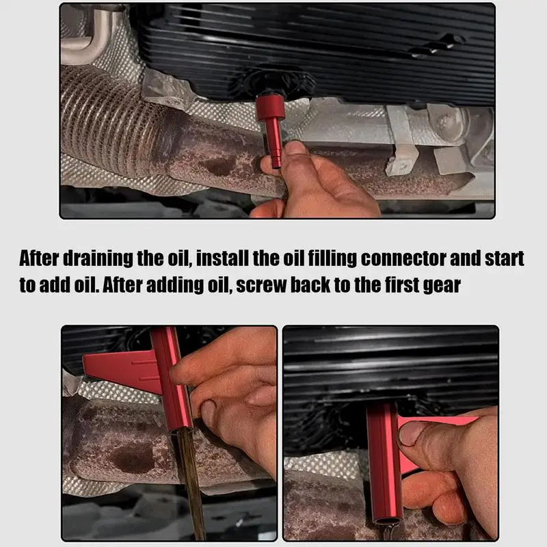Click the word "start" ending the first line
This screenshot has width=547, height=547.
(x=503, y=259)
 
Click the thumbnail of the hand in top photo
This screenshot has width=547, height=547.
(x=295, y=148)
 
